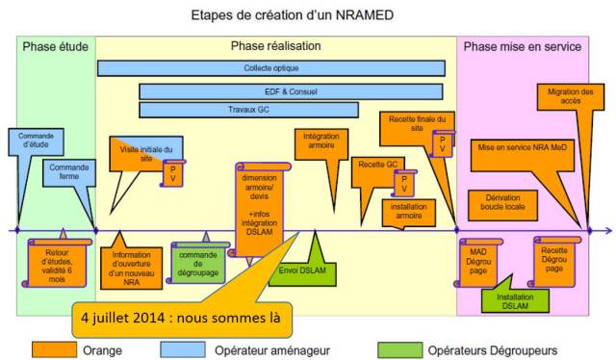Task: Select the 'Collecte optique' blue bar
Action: click(x=270, y=68)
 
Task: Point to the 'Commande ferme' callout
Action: click(x=68, y=173)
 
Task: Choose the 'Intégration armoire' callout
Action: click(x=320, y=142)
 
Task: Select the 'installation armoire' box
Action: click(x=408, y=211)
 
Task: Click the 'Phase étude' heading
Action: click(x=55, y=46)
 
